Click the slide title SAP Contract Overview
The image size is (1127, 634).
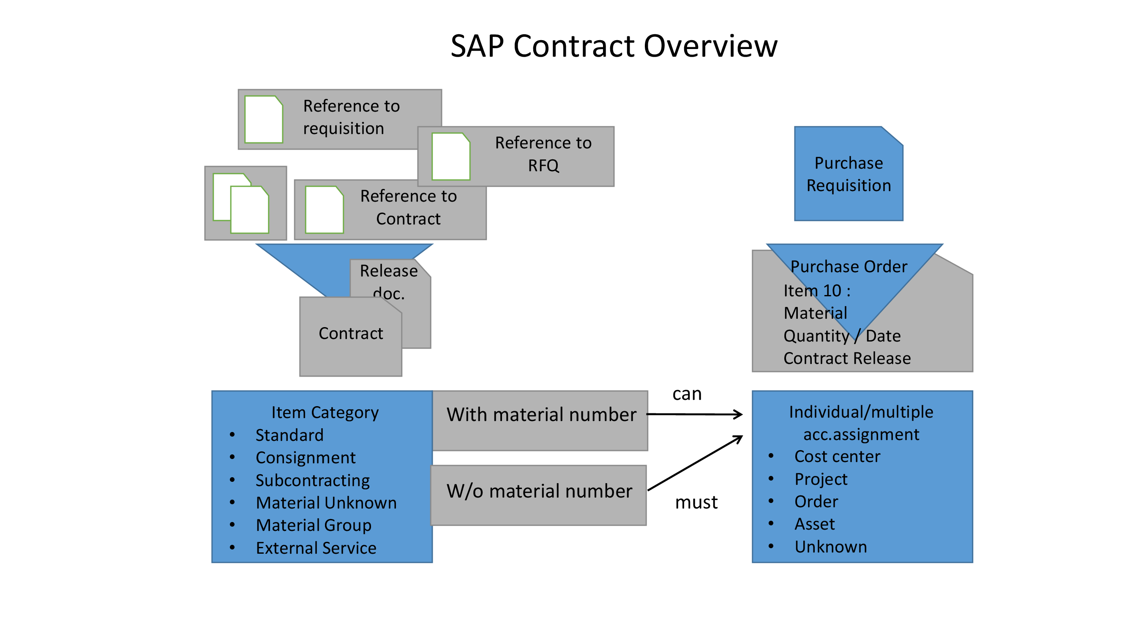614,46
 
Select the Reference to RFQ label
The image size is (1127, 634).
543,154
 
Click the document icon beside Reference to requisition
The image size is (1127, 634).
263,120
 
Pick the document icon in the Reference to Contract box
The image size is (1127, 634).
324,210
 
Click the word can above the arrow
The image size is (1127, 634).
686,394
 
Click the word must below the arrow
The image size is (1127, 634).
696,502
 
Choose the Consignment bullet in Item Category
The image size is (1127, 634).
306,458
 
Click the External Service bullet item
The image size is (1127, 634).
316,548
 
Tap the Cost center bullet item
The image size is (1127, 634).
837,457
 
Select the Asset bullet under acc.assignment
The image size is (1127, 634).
814,524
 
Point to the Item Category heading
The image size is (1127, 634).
325,413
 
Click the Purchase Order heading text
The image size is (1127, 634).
848,266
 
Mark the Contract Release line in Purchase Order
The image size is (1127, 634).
846,358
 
